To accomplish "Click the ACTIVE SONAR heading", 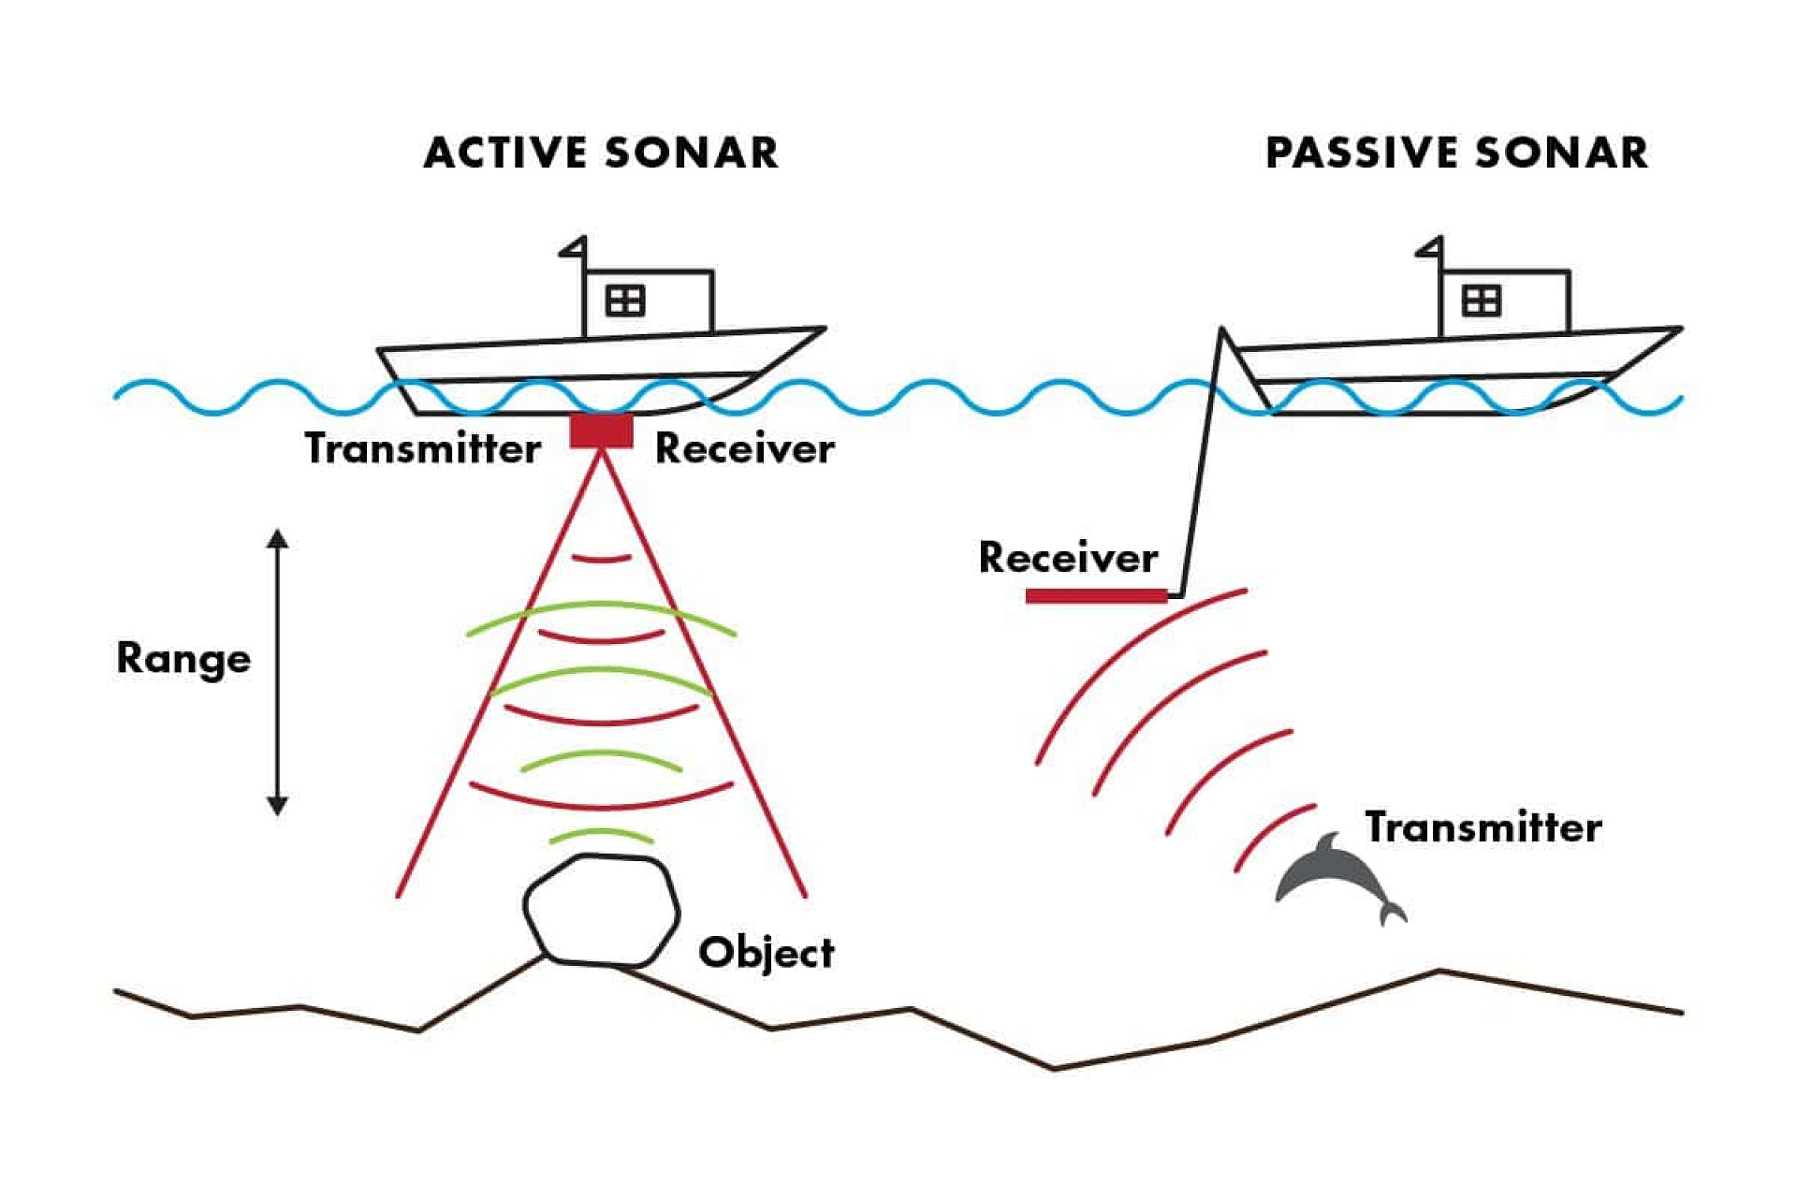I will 600,153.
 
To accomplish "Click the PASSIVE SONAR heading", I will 1456,153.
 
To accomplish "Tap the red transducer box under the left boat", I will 601,431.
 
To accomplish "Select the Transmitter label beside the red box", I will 422,448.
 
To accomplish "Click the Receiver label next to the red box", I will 744,448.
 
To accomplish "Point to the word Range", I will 183,659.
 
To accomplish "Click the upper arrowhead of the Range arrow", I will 277,539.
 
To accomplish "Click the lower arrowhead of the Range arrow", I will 277,805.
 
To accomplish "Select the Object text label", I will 766,953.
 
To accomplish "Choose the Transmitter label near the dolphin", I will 1483,827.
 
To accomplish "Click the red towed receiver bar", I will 1096,596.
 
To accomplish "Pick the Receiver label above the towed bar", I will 1068,558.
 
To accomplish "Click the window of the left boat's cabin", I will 624,300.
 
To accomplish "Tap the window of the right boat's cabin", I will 1481,300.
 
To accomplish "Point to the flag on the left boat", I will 574,247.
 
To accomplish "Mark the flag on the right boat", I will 1430,247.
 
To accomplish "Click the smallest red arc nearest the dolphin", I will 1273,833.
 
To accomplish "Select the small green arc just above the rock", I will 601,834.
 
